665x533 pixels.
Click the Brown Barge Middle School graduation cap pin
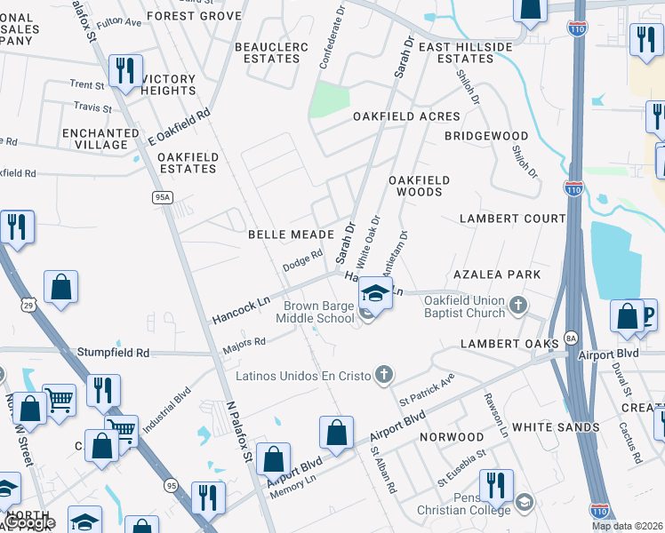coord(376,294)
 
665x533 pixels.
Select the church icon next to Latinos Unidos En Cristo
coord(383,375)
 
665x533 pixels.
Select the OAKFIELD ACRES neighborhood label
coord(406,116)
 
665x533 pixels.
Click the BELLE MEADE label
coord(290,235)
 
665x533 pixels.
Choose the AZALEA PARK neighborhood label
coord(497,274)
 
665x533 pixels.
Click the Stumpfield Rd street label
coord(113,353)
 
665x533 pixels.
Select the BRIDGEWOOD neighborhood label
coord(486,136)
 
